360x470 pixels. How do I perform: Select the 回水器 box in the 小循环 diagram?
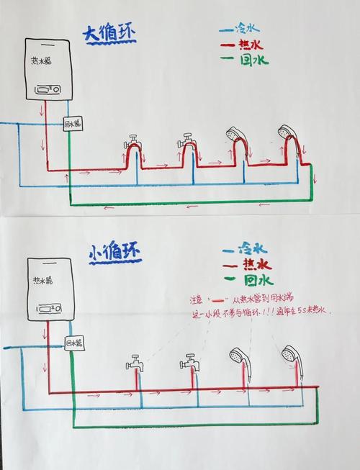tap(74, 342)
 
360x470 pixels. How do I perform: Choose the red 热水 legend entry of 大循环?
tap(243, 45)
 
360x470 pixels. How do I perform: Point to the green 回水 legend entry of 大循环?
tap(245, 60)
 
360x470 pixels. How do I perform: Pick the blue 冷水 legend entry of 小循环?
tap(245, 249)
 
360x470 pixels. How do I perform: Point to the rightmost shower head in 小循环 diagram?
tap(290, 354)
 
